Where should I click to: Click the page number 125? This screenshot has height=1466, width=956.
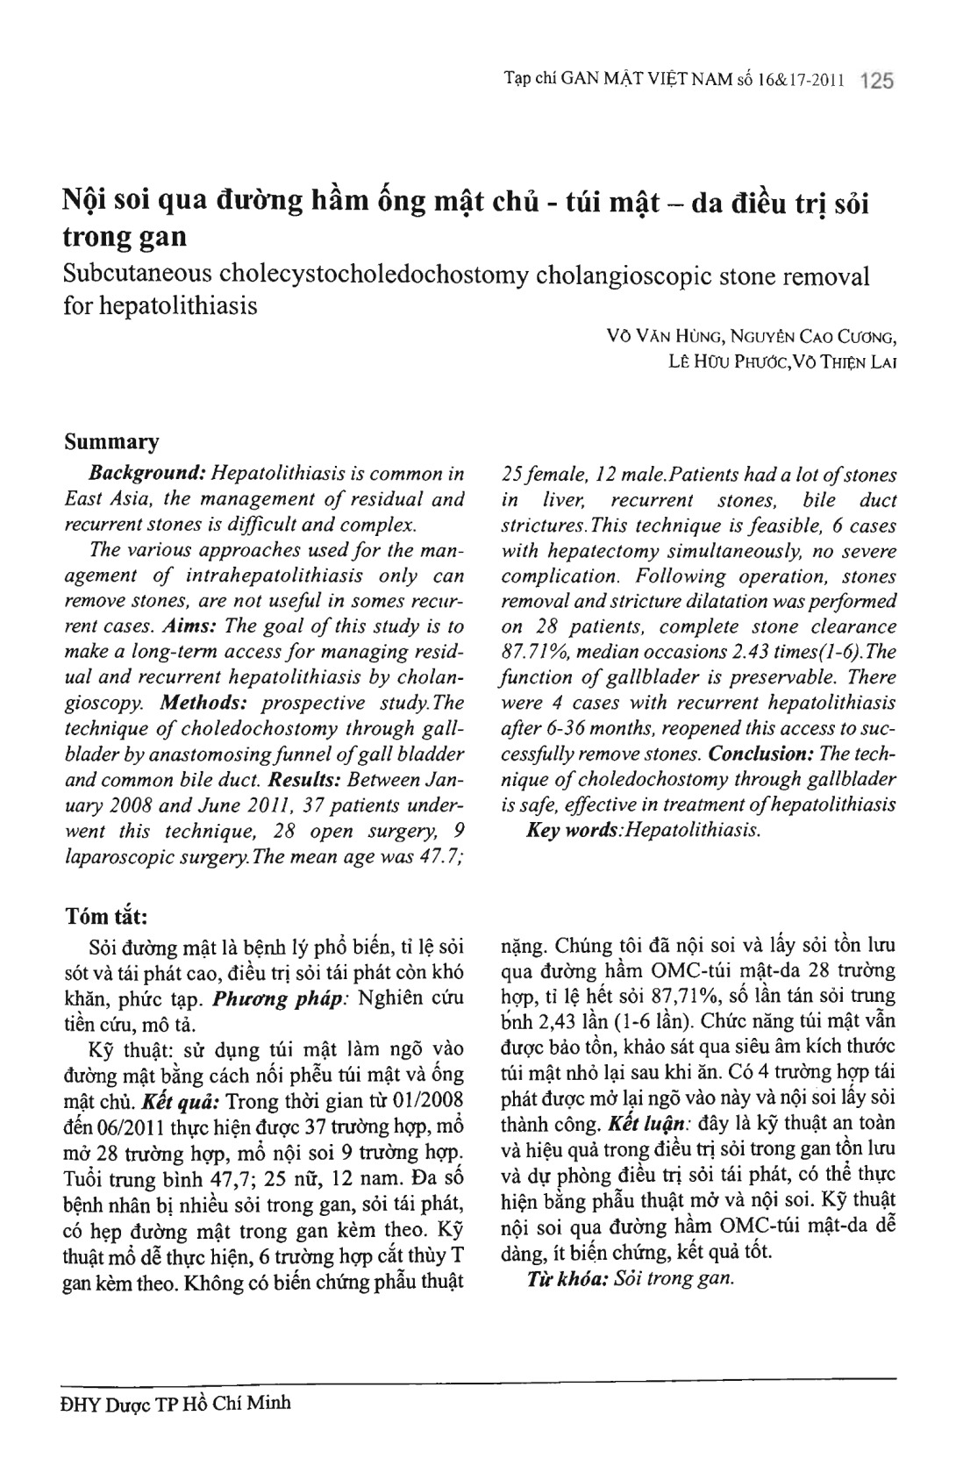coord(877,82)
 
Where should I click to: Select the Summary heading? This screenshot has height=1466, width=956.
coord(112,440)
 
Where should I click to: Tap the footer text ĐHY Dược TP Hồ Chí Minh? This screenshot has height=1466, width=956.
coord(174,1403)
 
